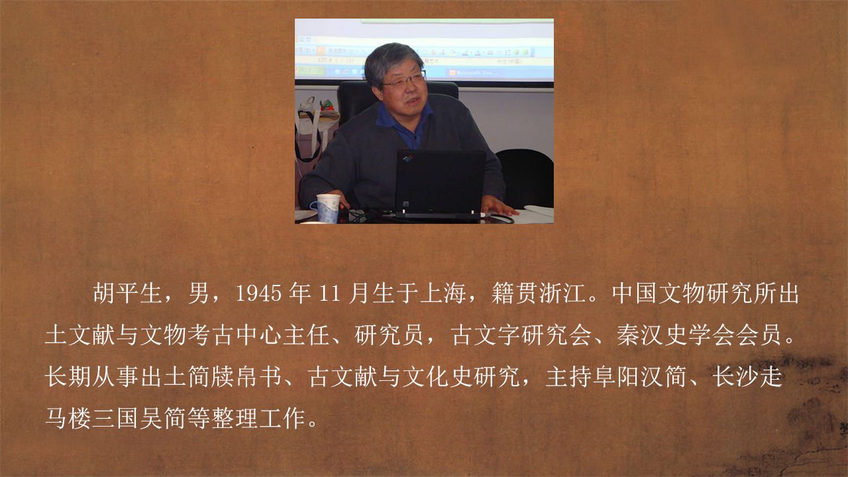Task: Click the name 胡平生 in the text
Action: [128, 293]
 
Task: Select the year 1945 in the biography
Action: [258, 293]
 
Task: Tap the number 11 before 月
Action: [330, 293]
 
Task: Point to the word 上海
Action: [443, 293]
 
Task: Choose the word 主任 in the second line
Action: [306, 335]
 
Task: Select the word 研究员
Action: [389, 335]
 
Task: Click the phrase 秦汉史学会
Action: [675, 335]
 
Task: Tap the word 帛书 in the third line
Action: [258, 377]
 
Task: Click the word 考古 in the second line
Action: [211, 335]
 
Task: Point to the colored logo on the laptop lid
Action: [407, 158]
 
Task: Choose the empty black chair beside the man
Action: [526, 177]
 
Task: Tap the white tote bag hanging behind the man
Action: [311, 129]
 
